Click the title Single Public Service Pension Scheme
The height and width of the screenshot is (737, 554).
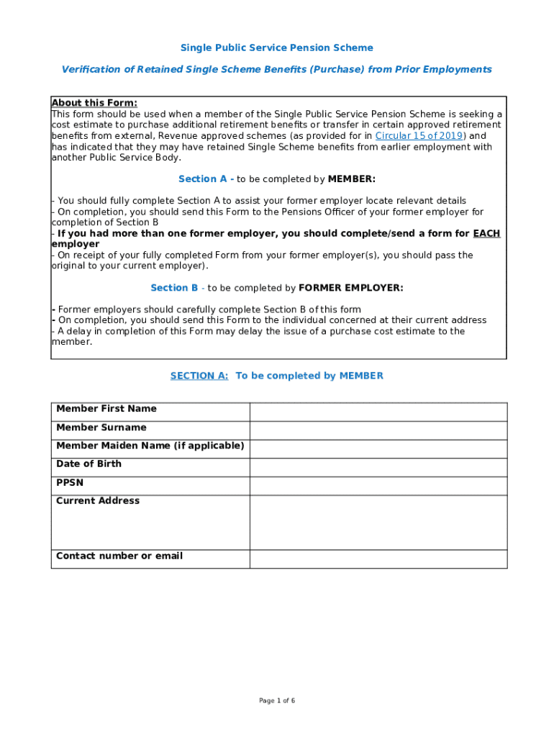coord(276,48)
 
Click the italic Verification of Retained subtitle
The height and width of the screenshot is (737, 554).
coord(276,69)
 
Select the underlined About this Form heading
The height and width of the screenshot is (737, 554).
coord(94,103)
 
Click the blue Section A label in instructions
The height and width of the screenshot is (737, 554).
coord(202,178)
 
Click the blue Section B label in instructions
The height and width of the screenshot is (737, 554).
coord(174,288)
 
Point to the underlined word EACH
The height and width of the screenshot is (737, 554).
coord(486,233)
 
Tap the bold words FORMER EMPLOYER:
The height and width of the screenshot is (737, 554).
coord(350,288)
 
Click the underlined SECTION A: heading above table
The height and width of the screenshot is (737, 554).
coord(199,376)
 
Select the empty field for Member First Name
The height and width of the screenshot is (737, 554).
coord(378,412)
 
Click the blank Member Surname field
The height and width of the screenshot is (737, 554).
coord(378,430)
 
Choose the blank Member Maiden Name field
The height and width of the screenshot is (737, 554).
coord(378,449)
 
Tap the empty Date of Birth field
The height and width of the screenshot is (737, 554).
coord(378,468)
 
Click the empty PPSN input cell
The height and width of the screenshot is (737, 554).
coord(378,486)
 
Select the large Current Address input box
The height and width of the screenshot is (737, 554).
coord(378,523)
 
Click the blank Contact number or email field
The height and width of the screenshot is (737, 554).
coord(378,559)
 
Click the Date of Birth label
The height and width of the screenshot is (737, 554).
coord(88,464)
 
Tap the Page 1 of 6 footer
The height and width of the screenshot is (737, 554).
coord(277,700)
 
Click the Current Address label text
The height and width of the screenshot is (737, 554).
coord(98,500)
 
